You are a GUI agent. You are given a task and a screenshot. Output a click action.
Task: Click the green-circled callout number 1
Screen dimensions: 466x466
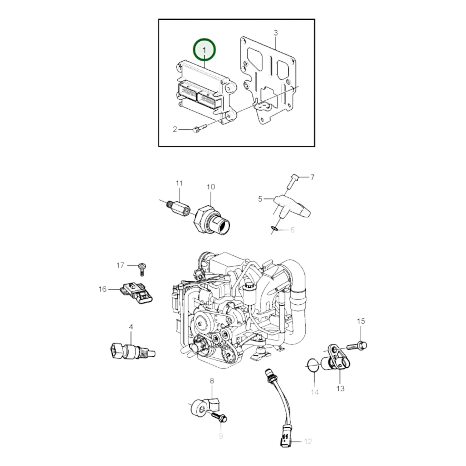[204, 50]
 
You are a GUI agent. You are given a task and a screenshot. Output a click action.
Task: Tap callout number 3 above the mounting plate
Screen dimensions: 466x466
[276, 33]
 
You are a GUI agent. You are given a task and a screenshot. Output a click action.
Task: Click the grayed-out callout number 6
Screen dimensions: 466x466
[292, 230]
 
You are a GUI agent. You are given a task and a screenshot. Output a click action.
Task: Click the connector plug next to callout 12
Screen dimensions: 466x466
[286, 443]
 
